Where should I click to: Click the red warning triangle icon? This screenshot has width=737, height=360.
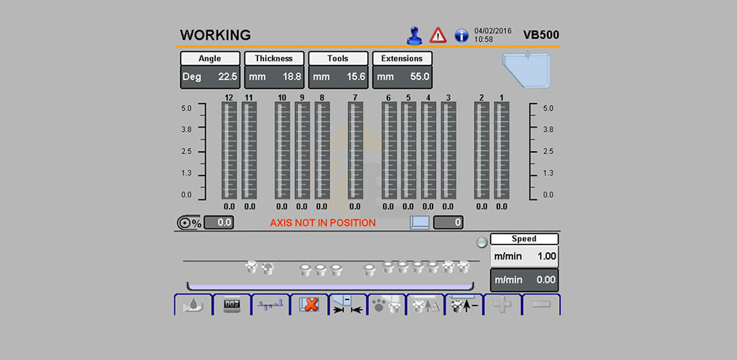click(x=438, y=35)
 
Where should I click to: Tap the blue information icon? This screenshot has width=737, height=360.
click(x=461, y=36)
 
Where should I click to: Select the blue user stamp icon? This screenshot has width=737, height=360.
click(x=414, y=36)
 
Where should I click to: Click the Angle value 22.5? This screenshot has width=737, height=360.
click(x=227, y=77)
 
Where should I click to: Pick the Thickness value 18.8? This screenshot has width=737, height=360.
click(x=292, y=77)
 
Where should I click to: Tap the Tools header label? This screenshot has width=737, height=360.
click(x=338, y=59)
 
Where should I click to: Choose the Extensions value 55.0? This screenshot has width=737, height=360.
click(x=420, y=77)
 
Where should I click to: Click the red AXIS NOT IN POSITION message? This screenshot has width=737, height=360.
click(x=323, y=223)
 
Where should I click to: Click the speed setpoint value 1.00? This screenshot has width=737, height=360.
click(x=547, y=256)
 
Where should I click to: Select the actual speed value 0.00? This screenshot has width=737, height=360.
click(x=546, y=280)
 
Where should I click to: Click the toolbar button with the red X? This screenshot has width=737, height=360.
click(x=309, y=305)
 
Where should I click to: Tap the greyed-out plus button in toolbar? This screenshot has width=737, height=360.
click(x=502, y=305)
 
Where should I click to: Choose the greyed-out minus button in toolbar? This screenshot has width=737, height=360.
click(x=541, y=305)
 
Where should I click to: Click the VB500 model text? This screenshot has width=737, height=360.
click(x=541, y=35)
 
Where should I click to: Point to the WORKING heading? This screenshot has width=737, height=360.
click(x=215, y=35)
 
